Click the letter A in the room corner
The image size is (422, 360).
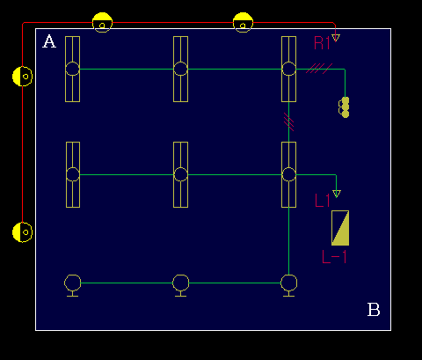point(49,41)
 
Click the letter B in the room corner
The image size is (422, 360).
point(374,310)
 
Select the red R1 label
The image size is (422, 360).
point(322,43)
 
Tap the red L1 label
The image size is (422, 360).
point(322,201)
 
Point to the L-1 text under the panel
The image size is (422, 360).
point(334,257)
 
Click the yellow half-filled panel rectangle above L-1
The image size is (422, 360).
point(340,228)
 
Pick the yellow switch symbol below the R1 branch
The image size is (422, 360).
point(344,107)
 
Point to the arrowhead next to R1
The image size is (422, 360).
point(336,38)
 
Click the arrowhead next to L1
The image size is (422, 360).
point(337,194)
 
